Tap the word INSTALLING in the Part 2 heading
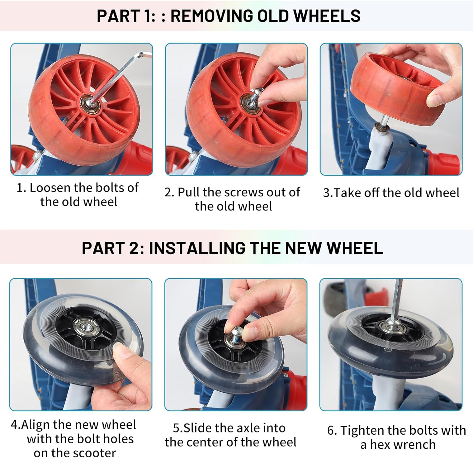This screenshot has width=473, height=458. [197, 248]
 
